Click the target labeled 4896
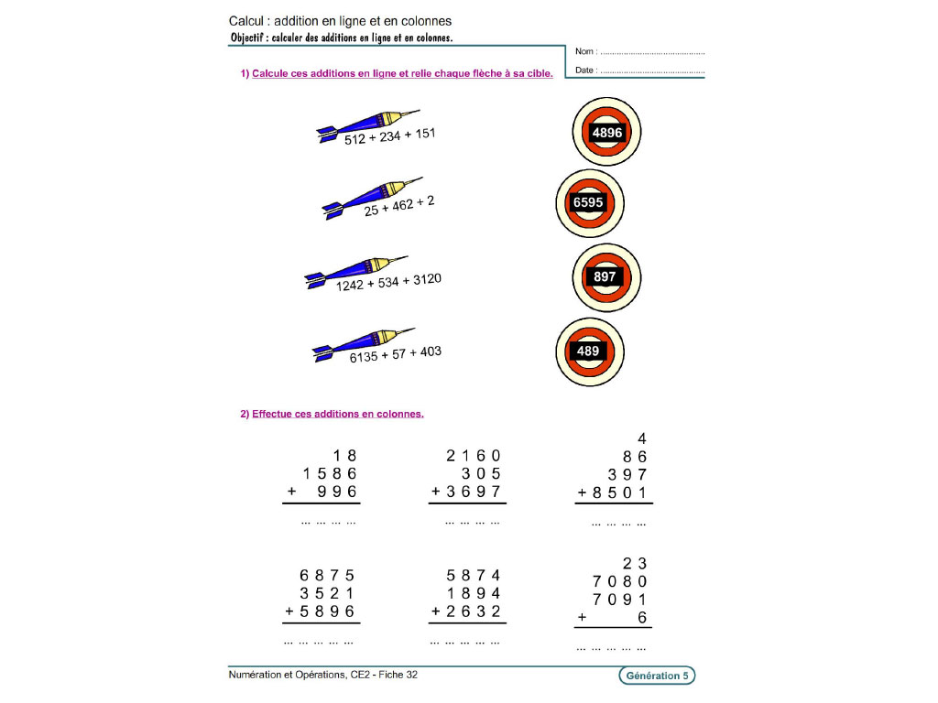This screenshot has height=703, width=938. (606, 133)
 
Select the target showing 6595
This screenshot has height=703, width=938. (590, 202)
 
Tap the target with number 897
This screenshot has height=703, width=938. (605, 277)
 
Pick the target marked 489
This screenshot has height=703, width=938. (590, 351)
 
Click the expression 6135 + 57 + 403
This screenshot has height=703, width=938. (395, 354)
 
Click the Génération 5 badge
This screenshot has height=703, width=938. (657, 676)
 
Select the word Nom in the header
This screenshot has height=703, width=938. (584, 52)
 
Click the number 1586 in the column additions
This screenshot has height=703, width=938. (329, 473)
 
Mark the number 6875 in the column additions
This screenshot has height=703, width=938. (327, 576)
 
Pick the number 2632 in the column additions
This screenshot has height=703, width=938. (474, 611)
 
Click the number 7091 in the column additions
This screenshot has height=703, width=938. (620, 600)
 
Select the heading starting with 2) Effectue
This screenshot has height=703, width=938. (332, 414)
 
